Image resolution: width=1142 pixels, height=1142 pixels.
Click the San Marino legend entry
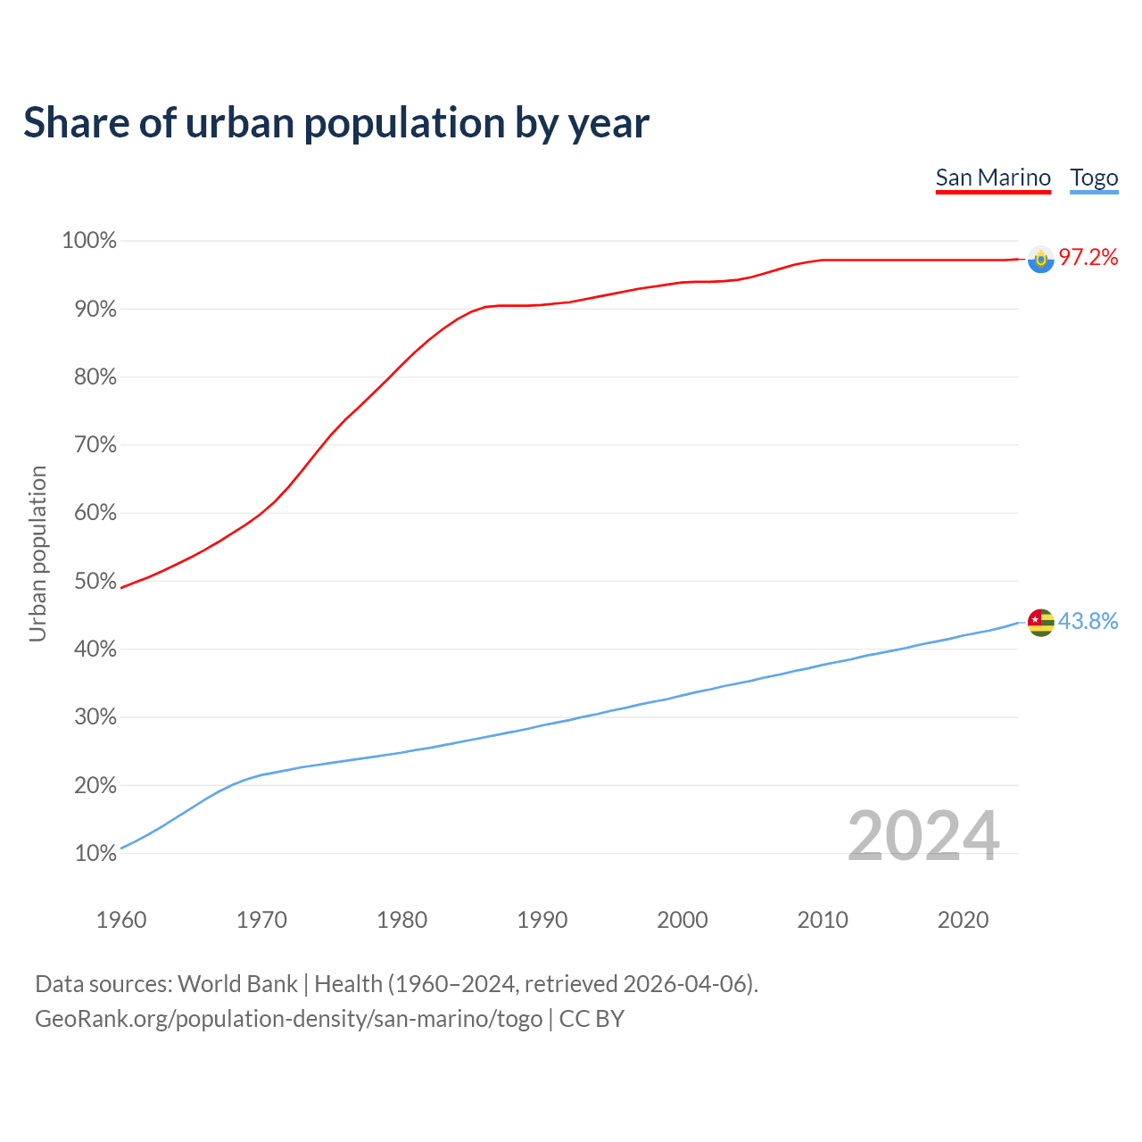(x=993, y=178)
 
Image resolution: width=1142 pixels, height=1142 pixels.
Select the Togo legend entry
(x=1094, y=178)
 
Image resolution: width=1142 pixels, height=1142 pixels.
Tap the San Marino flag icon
(x=1040, y=259)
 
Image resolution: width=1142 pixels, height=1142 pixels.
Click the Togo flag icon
(x=1040, y=622)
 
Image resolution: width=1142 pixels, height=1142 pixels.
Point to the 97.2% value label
(x=1088, y=258)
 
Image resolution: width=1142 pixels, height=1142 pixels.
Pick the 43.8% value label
(x=1088, y=621)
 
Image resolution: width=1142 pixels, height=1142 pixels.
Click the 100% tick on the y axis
(x=89, y=241)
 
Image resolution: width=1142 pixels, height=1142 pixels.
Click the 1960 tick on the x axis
(x=121, y=920)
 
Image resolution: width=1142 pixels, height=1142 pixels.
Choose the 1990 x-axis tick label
(x=542, y=920)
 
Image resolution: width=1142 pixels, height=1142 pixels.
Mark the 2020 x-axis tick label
(x=963, y=920)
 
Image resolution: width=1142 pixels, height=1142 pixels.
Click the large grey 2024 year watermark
(x=923, y=836)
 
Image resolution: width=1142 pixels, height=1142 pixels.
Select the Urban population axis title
(x=37, y=553)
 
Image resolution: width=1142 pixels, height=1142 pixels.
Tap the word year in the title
(x=610, y=122)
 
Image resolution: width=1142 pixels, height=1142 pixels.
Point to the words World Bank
(x=237, y=984)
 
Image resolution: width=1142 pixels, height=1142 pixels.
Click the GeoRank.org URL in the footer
(x=288, y=1019)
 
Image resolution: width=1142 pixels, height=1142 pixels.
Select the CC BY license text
(x=592, y=1019)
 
